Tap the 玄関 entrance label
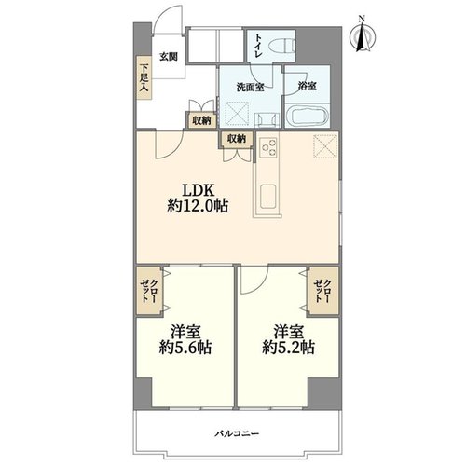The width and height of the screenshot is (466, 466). (169, 57)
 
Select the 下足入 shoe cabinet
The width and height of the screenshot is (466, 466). (144, 77)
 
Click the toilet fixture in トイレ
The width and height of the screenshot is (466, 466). (281, 47)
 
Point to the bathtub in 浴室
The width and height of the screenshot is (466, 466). (307, 115)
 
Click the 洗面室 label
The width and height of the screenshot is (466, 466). (251, 88)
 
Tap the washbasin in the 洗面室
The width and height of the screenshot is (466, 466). (265, 120)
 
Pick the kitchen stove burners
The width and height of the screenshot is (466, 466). (268, 148)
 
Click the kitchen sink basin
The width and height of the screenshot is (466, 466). (267, 198)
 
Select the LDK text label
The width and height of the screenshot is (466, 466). (198, 190)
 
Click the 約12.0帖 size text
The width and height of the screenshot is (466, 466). (198, 206)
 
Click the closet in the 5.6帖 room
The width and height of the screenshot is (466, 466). (149, 291)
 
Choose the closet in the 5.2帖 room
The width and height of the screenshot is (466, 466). (323, 291)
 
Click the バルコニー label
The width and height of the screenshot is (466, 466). (237, 433)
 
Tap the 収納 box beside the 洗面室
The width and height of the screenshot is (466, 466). (201, 120)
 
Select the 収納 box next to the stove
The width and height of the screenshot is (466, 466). (237, 139)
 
